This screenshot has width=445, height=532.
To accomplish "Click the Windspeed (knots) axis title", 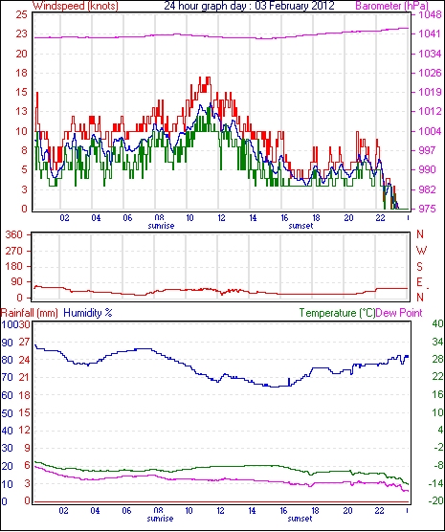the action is tap(76, 6).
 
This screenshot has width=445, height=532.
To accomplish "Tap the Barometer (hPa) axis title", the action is tap(391, 6).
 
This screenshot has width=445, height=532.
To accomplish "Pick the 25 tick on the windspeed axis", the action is tap(21, 14).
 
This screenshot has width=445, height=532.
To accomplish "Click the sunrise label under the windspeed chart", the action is tap(161, 226).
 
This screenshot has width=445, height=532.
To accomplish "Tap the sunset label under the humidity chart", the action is tap(300, 519).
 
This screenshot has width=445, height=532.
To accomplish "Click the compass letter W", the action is tap(421, 251).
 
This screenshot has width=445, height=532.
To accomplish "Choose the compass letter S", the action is tap(419, 267).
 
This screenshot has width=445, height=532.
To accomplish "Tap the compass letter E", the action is tap(419, 282).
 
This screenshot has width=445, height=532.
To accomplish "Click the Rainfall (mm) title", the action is tap(30, 313).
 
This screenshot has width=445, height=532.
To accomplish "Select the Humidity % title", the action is tap(88, 313).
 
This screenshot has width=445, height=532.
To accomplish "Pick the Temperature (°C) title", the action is tap(337, 313).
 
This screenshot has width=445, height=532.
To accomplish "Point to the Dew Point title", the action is tap(399, 313).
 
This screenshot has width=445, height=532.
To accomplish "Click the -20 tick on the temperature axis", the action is tap(436, 500).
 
